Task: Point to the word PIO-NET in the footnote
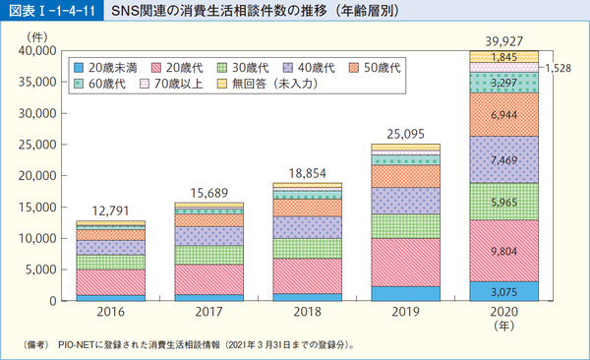(87, 345)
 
